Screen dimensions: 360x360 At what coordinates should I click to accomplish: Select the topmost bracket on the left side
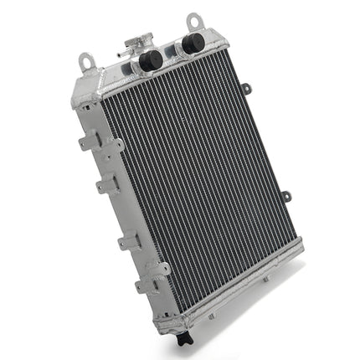click(x=85, y=143)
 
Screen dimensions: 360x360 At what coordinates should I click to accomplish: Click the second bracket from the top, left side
click(x=105, y=186)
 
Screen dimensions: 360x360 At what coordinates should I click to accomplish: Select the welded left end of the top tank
click(x=87, y=87)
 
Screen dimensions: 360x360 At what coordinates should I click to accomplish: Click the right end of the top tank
click(x=221, y=39)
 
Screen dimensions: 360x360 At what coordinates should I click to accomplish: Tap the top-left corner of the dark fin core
click(x=104, y=106)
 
